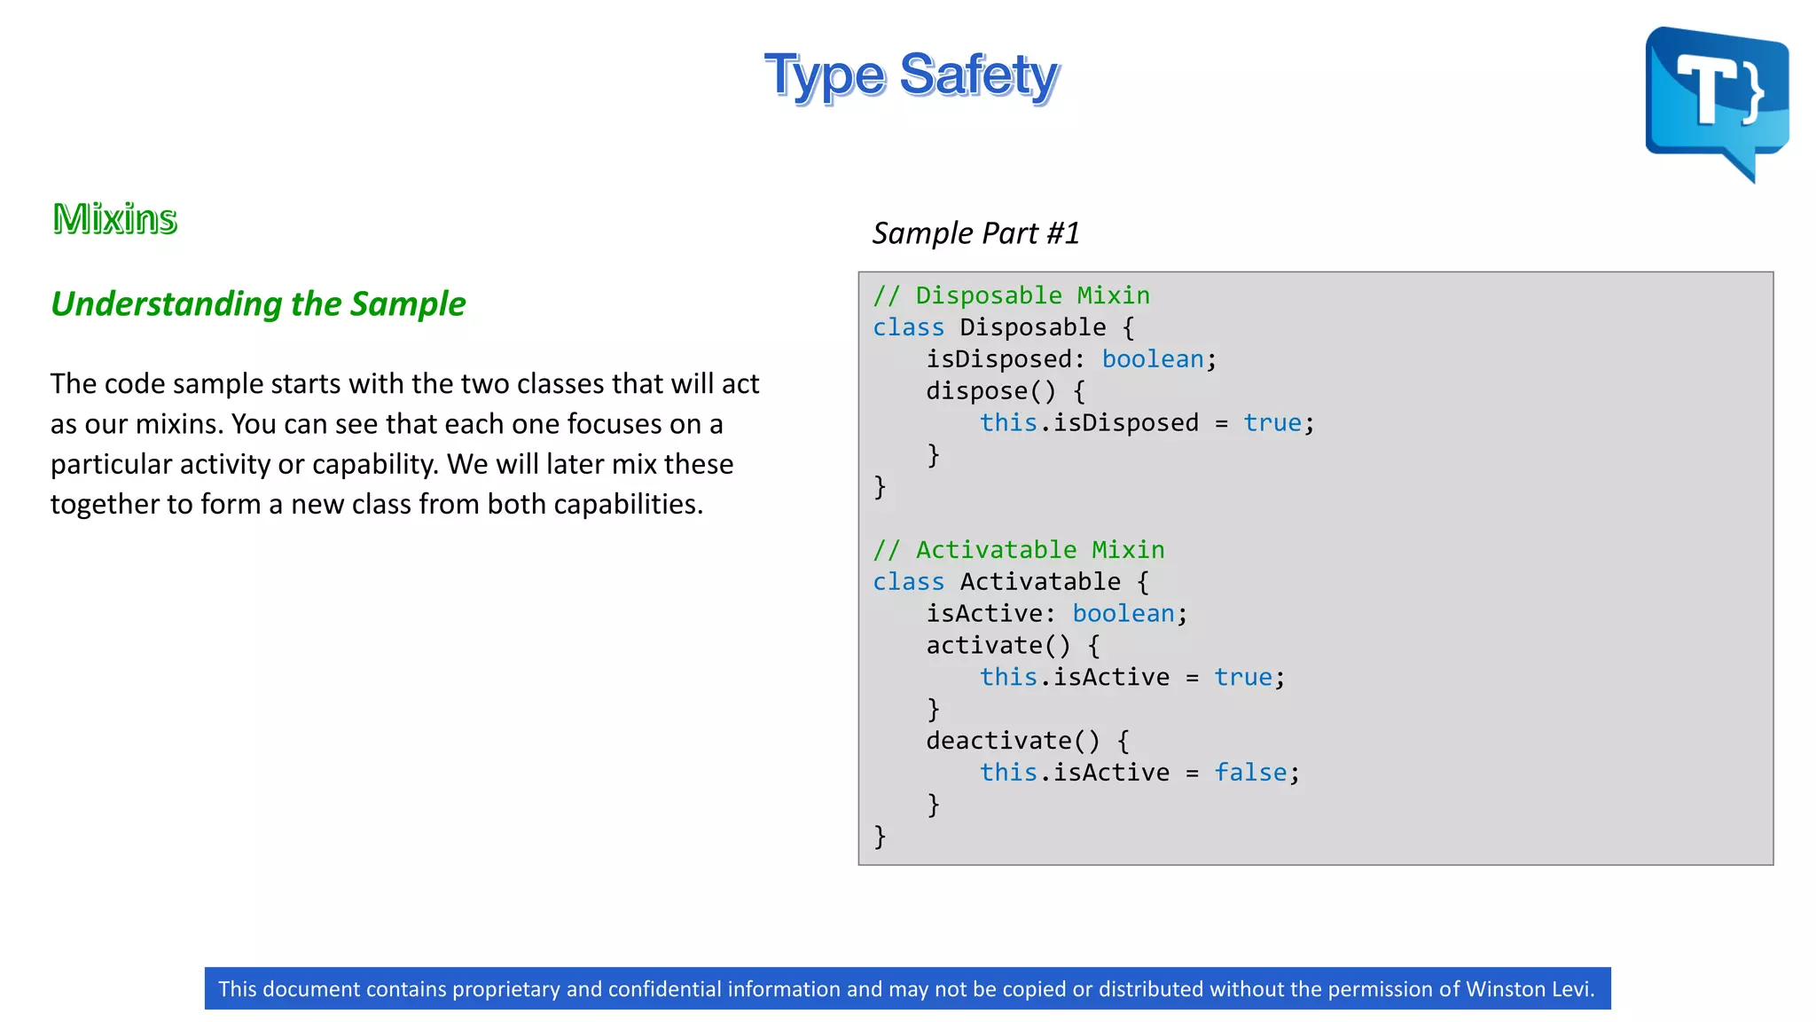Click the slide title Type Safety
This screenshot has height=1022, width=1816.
coord(912,76)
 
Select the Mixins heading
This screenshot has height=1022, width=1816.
coord(115,218)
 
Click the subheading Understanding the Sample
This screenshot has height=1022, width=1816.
coord(258,303)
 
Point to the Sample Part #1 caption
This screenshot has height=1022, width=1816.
coord(975,233)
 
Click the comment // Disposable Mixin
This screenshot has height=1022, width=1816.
coord(1011,295)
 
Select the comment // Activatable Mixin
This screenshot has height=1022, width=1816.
coord(1018,550)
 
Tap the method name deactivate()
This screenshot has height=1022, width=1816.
coord(1013,741)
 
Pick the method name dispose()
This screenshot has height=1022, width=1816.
coord(990,391)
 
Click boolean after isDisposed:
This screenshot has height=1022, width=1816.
coord(1153,359)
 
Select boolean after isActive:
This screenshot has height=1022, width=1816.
coord(1123,614)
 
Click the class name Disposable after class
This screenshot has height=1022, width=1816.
coord(1032,327)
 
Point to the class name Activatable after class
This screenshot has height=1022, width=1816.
coord(1039,582)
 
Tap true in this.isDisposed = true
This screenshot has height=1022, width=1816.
coord(1272,423)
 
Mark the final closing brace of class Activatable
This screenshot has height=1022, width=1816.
coord(880,836)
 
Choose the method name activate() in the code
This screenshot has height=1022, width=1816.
coord(998,646)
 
